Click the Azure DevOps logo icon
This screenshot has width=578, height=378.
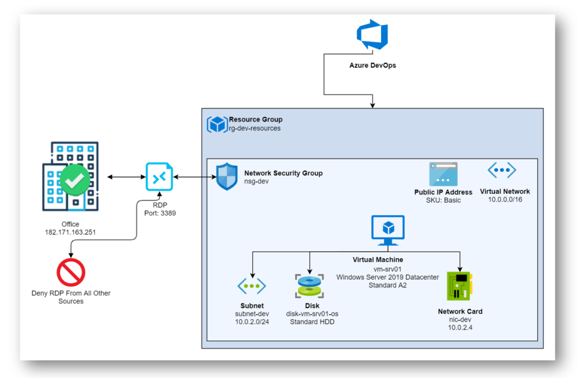click(x=373, y=34)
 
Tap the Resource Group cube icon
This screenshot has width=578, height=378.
click(x=217, y=124)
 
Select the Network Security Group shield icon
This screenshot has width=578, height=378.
click(x=227, y=176)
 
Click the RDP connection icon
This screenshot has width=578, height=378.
click(x=159, y=177)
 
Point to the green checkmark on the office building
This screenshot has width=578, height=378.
click(x=75, y=180)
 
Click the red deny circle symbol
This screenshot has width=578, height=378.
click(x=71, y=272)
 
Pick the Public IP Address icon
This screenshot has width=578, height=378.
click(x=443, y=174)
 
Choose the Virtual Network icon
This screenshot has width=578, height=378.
click(x=502, y=170)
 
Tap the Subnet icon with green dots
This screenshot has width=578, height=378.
click(x=252, y=286)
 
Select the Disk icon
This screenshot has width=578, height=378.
click(x=309, y=286)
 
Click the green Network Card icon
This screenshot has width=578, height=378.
click(x=459, y=286)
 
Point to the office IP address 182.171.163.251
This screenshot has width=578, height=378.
click(x=71, y=232)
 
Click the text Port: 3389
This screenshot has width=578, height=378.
click(x=160, y=213)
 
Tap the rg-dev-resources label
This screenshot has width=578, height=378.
click(x=255, y=128)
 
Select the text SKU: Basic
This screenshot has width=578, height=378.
click(x=444, y=200)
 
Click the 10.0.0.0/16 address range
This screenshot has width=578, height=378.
click(x=505, y=199)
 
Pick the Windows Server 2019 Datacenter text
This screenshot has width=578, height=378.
click(x=387, y=277)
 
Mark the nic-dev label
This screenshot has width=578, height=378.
click(x=460, y=319)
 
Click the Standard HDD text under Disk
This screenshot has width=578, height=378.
click(x=312, y=322)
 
